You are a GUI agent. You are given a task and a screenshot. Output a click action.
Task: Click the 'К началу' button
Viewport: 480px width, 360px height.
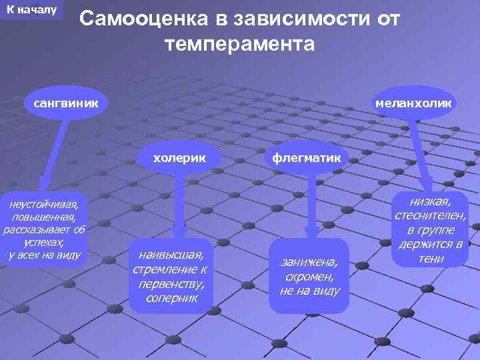pyautogui.click(x=31, y=10)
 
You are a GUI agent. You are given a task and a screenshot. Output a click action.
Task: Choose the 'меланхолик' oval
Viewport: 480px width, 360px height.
pyautogui.click(x=413, y=103)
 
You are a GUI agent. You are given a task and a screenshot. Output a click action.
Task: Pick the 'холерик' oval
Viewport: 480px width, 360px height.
pyautogui.click(x=179, y=158)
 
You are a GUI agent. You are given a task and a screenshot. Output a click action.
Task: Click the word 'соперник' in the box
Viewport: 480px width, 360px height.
pyautogui.click(x=171, y=298)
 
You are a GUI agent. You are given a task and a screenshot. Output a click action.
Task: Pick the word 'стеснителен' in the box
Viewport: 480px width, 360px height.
pyautogui.click(x=430, y=215)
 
